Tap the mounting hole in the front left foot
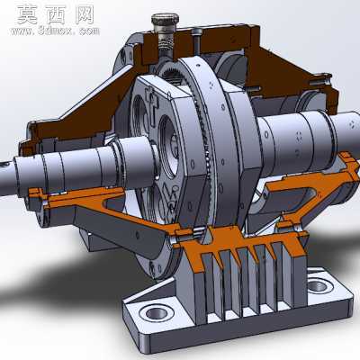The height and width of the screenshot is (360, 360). pyautogui.click(x=157, y=313)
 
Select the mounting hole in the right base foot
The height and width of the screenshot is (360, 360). pyautogui.click(x=319, y=286)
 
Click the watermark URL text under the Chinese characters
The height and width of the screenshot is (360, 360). pyautogui.click(x=55, y=31)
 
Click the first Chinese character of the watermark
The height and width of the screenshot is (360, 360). pyautogui.click(x=27, y=15)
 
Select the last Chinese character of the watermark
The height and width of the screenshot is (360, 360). pyautogui.click(x=85, y=15)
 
